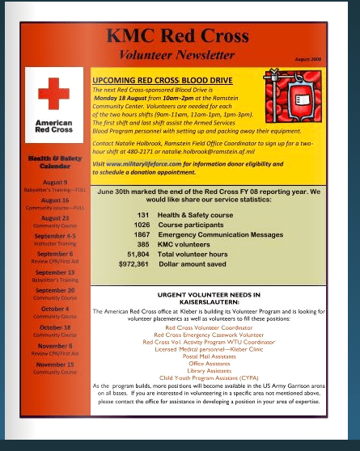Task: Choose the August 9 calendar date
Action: point(54,182)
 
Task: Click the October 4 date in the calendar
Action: point(54,309)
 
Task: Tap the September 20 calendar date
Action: point(54,290)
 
